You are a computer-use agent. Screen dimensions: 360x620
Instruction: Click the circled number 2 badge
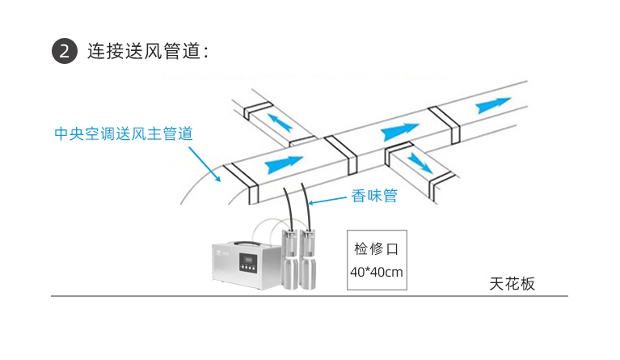point(65,51)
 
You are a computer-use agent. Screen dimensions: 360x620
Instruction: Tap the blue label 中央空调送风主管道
point(123,133)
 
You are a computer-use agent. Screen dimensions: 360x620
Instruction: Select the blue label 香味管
point(374,194)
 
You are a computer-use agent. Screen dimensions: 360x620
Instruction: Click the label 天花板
point(512,284)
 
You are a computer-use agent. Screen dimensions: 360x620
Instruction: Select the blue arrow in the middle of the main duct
point(399,129)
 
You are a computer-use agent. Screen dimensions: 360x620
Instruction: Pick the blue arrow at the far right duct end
point(493,104)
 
